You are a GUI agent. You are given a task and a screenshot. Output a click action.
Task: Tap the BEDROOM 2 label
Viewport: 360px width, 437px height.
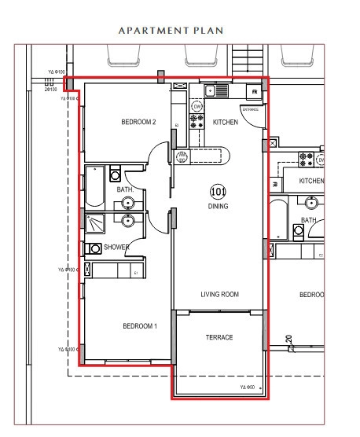click(x=138, y=122)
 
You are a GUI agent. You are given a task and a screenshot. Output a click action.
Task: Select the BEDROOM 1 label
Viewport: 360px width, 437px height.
click(x=139, y=326)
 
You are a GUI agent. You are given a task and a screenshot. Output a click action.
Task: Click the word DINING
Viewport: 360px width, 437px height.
click(x=218, y=207)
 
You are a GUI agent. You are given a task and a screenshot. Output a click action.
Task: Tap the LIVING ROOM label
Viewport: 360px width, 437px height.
click(x=219, y=295)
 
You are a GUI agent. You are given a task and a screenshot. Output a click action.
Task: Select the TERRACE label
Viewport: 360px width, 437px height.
click(x=219, y=337)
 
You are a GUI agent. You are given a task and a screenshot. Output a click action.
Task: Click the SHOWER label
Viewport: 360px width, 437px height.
click(x=116, y=248)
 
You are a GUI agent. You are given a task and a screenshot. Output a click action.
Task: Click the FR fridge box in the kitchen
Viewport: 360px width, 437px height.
click(x=255, y=92)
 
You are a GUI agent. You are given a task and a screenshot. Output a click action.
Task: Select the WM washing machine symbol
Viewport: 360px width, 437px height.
click(x=182, y=156)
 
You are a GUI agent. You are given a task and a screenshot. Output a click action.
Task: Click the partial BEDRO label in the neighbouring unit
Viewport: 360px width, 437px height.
click(x=311, y=295)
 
